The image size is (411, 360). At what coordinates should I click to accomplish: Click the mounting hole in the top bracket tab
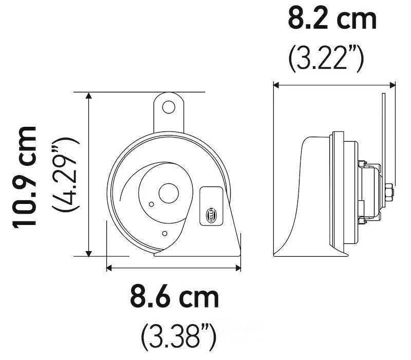(168, 107)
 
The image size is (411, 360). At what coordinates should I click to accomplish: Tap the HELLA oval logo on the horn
(213, 213)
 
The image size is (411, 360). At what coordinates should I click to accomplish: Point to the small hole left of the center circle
(151, 204)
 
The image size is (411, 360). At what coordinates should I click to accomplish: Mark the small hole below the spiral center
(164, 234)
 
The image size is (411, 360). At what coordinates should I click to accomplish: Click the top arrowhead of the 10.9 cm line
(89, 96)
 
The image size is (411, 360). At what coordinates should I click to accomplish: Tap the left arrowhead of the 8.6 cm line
(109, 267)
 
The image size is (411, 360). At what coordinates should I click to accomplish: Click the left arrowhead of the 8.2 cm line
(276, 85)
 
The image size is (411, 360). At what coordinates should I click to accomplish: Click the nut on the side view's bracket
(389, 193)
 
